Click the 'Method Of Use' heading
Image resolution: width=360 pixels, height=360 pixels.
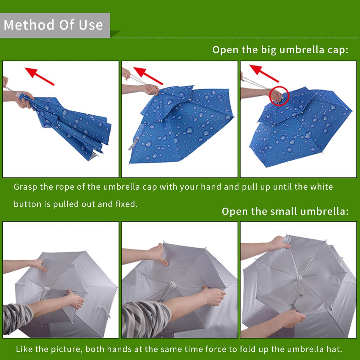click(x=53, y=25)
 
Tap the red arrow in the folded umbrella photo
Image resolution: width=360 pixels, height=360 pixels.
click(x=40, y=76)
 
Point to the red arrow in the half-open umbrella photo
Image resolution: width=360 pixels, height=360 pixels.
click(x=148, y=76)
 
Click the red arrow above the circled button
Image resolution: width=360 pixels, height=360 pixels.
click(x=264, y=73)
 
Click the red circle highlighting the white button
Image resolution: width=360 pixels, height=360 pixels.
click(x=279, y=96)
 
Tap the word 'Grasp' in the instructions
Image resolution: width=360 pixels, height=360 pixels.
click(x=25, y=187)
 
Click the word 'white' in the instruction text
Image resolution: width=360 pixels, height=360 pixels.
click(x=321, y=186)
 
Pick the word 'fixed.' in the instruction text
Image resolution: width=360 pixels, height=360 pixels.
click(x=126, y=204)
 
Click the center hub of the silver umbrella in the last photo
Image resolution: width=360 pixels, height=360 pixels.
click(x=299, y=278)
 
